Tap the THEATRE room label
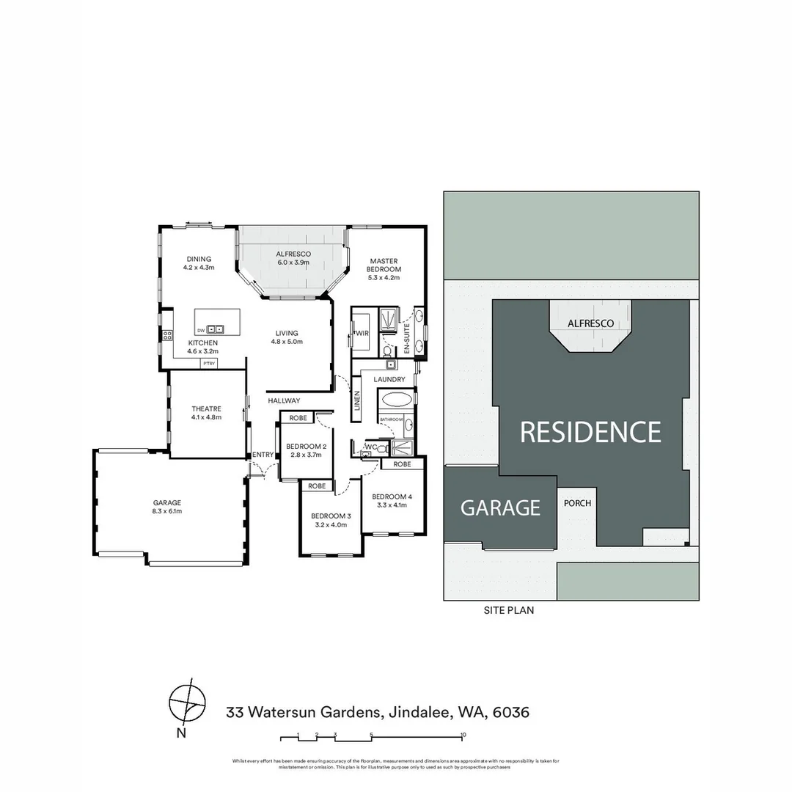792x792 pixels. (x=206, y=409)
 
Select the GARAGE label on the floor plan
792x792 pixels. (x=167, y=502)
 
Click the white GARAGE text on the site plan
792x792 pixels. (x=500, y=507)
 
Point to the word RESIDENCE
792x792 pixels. (x=590, y=432)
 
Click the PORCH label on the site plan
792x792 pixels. (x=577, y=504)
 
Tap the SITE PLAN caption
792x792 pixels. (x=509, y=610)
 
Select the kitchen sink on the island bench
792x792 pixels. (x=215, y=329)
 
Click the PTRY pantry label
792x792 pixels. (x=209, y=363)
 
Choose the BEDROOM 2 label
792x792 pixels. (x=306, y=447)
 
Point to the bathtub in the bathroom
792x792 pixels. (x=396, y=400)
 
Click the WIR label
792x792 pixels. (x=361, y=334)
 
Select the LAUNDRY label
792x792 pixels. (x=389, y=379)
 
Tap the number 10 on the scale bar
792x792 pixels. (x=463, y=734)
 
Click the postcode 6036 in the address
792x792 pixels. (x=511, y=712)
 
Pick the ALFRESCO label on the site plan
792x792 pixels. (x=590, y=323)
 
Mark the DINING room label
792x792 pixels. (x=198, y=259)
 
